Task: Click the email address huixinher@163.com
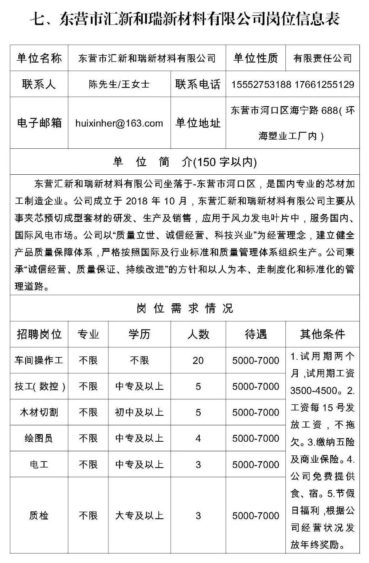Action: (x=119, y=123)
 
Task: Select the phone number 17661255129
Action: (x=325, y=84)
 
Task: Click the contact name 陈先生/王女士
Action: (x=119, y=84)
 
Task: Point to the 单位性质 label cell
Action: (x=255, y=58)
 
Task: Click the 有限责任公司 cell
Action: (x=322, y=58)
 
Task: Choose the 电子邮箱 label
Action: (x=39, y=123)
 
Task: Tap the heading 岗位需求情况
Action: (x=185, y=308)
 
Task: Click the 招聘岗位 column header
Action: (x=39, y=335)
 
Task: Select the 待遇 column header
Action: (x=255, y=335)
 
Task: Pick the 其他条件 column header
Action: (x=322, y=335)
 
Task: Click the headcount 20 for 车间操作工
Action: (x=198, y=360)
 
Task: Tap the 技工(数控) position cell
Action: (x=39, y=386)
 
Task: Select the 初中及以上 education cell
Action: (x=139, y=412)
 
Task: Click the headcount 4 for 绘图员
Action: (x=198, y=438)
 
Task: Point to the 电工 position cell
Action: (x=39, y=465)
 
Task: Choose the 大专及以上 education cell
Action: (x=139, y=516)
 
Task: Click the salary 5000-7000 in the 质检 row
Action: (x=255, y=516)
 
